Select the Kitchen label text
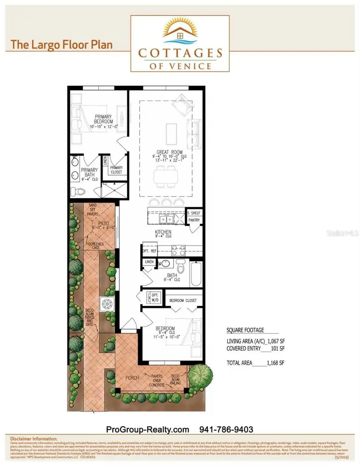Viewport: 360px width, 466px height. click(x=163, y=232)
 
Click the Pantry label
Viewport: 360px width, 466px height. click(x=194, y=220)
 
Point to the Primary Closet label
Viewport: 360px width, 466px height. click(x=116, y=170)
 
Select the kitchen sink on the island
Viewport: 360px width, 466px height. click(x=165, y=219)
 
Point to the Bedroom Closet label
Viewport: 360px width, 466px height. click(x=184, y=300)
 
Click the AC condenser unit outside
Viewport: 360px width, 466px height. click(x=106, y=304)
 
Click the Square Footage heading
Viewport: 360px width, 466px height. click(x=245, y=330)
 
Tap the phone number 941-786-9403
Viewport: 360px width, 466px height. click(x=226, y=429)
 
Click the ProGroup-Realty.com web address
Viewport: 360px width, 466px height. click(x=147, y=429)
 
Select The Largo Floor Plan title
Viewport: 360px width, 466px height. click(x=61, y=44)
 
